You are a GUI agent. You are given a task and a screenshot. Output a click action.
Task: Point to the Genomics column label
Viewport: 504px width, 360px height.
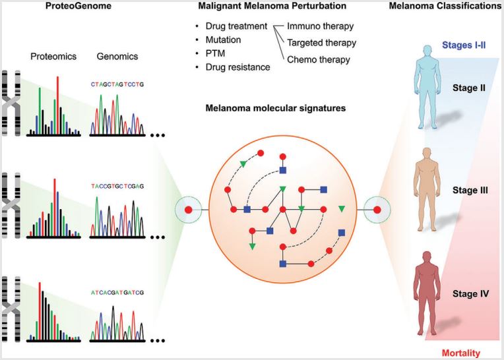pyautogui.click(x=117, y=56)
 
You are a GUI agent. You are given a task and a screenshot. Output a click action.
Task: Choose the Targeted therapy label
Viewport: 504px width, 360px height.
pyautogui.click(x=321, y=43)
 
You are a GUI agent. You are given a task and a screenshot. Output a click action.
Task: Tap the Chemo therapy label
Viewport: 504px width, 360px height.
pyautogui.click(x=319, y=60)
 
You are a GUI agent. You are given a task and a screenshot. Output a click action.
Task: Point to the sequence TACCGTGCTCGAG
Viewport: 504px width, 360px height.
pyautogui.click(x=117, y=186)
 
